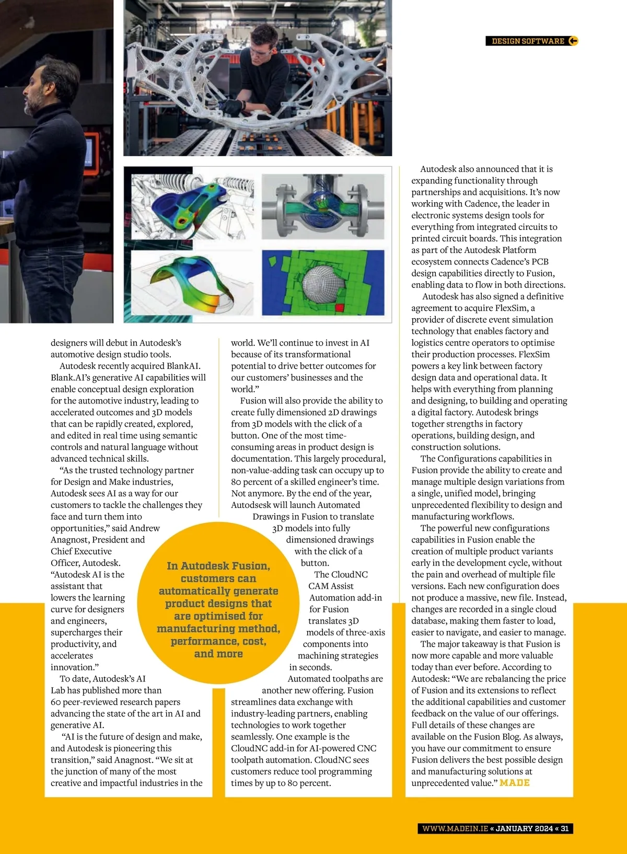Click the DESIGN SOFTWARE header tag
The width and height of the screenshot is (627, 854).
[528, 41]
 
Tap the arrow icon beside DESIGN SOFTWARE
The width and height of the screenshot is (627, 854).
[573, 41]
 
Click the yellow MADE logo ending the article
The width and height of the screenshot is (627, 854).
[515, 783]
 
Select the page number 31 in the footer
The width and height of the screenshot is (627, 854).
[565, 828]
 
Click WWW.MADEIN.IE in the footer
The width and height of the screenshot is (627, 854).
[455, 828]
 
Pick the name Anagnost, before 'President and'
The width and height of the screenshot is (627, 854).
[73, 540]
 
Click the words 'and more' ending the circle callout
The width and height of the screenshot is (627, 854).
[218, 654]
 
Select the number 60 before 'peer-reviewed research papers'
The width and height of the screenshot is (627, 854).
[56, 702]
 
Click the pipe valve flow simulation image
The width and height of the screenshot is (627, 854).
[323, 206]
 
